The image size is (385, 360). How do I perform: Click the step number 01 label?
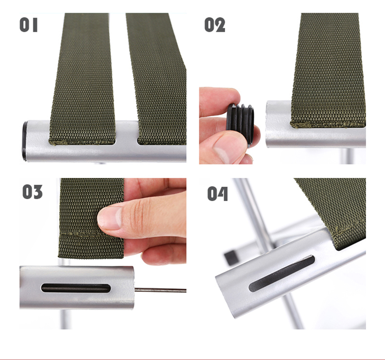(x=28, y=25)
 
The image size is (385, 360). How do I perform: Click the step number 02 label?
(x=214, y=25)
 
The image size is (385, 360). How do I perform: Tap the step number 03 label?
(x=32, y=192)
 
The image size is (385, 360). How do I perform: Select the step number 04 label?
(x=217, y=194)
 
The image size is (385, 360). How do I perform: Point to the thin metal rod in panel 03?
(x=160, y=290)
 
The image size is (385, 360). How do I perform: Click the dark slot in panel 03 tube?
(x=76, y=288)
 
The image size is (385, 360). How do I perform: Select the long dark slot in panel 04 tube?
(x=282, y=274)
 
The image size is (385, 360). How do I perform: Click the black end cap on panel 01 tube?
(x=24, y=141)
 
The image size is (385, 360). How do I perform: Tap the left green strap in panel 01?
(x=82, y=79)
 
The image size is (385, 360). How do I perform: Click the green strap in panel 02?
(x=328, y=70)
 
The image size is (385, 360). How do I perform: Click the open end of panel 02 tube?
(x=267, y=124)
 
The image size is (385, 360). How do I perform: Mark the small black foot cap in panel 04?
(x=231, y=258)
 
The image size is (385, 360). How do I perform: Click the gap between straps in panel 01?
(x=126, y=133)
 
